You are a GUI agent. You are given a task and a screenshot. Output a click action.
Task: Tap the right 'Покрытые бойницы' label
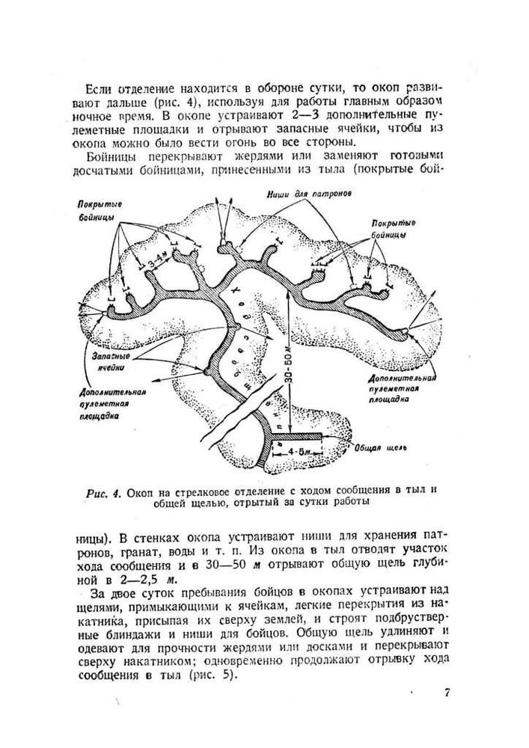pyautogui.click(x=392, y=229)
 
